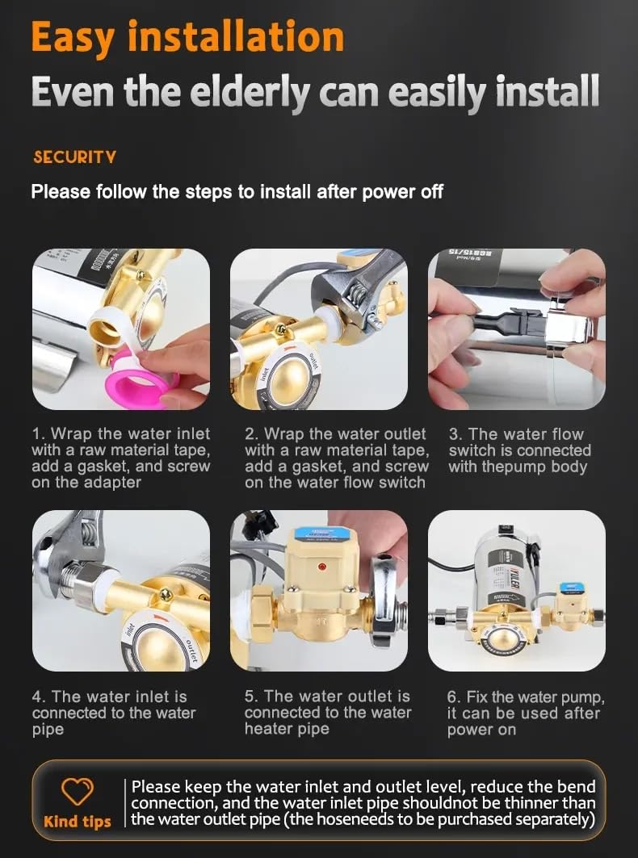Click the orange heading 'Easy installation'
(x=187, y=38)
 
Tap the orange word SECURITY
(x=74, y=157)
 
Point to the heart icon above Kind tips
(x=78, y=792)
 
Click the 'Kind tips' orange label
(x=78, y=822)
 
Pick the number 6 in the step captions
(x=453, y=697)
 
